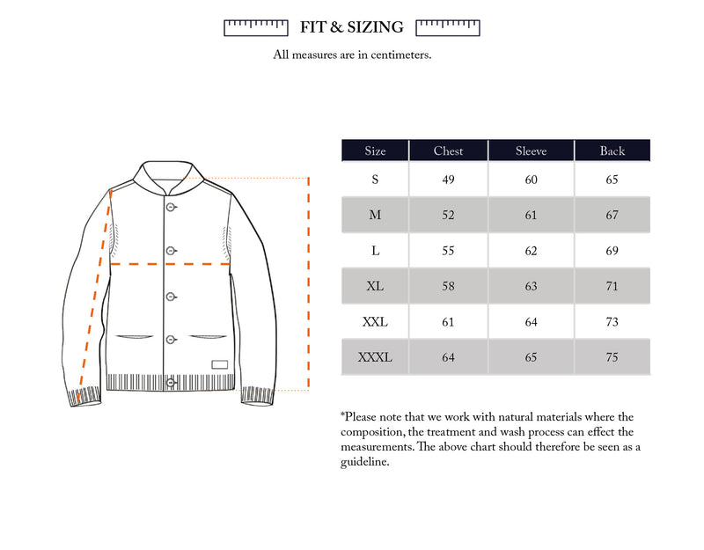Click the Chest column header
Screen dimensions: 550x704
[448, 151]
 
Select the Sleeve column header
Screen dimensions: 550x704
[531, 151]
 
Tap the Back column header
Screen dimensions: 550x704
[612, 151]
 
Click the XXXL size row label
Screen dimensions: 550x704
[375, 357]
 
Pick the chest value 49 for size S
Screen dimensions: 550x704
[448, 180]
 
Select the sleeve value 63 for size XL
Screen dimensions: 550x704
[531, 286]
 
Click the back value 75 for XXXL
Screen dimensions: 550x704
[612, 357]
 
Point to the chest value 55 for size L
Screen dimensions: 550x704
[448, 251]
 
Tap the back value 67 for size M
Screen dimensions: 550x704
[612, 215]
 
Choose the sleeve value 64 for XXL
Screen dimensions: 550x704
[531, 322]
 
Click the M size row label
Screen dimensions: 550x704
[375, 215]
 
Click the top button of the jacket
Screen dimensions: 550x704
[171, 208]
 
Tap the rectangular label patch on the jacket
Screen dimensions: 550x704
[219, 364]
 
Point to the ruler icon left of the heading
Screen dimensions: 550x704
[256, 28]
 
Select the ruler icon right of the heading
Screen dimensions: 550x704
[447, 28]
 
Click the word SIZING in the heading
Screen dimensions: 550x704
[375, 27]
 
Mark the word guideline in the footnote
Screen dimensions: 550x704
[364, 463]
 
